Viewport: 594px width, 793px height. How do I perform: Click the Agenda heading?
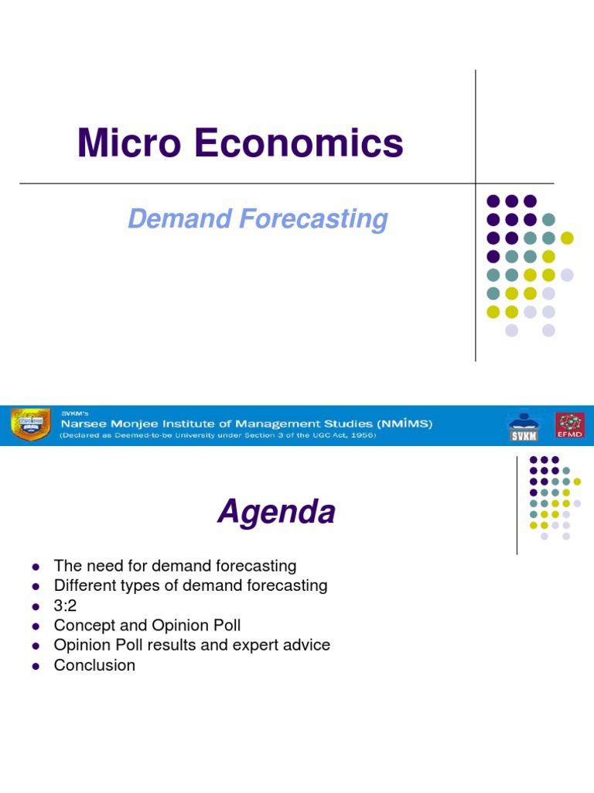[276, 512]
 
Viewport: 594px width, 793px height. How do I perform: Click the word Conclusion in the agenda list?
[94, 665]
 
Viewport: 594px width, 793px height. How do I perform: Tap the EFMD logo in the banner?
[569, 425]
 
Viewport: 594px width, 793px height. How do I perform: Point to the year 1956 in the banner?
[362, 435]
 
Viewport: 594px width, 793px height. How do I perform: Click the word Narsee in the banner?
[83, 424]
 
